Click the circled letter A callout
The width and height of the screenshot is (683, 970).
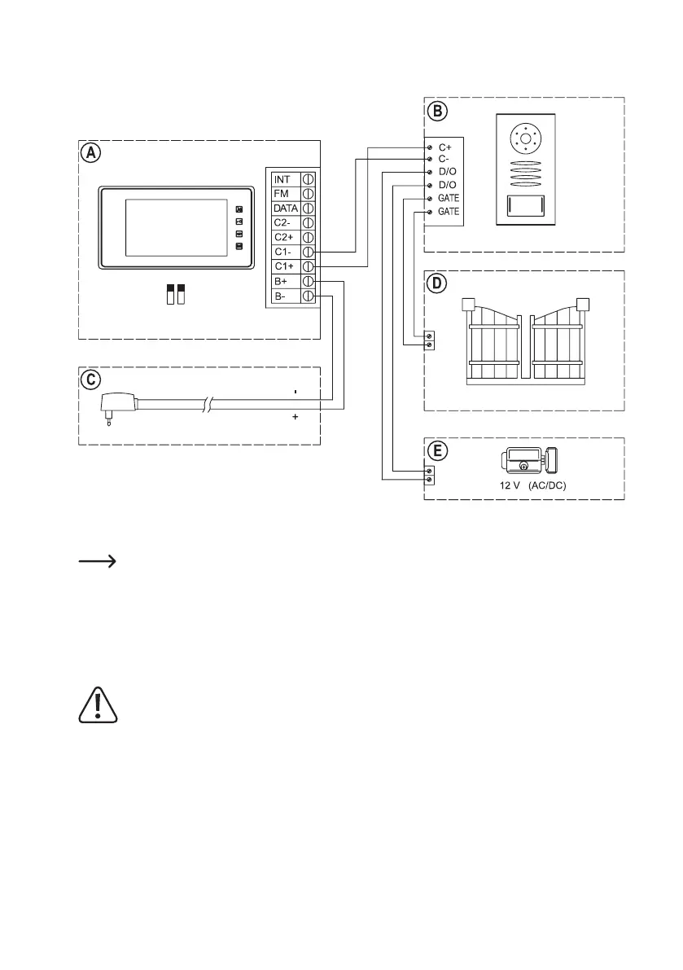(x=90, y=152)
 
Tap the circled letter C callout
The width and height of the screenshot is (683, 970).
(x=90, y=380)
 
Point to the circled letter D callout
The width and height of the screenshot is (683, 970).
(x=437, y=283)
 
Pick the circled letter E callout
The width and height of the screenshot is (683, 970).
(x=437, y=450)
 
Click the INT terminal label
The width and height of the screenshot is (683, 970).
(x=282, y=179)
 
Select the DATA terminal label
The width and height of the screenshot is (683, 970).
(x=286, y=208)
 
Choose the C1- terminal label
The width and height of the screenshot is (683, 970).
(x=283, y=252)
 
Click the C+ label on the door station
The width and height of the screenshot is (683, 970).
(x=445, y=147)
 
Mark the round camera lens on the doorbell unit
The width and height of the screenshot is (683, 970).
(x=525, y=141)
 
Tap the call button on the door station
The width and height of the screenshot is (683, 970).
(x=525, y=207)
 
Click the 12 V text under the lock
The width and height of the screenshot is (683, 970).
(x=510, y=484)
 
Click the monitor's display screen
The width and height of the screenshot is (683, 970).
(x=175, y=226)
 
